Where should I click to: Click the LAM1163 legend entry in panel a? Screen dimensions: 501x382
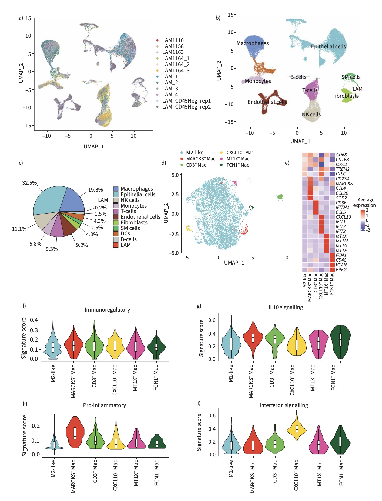(173, 52)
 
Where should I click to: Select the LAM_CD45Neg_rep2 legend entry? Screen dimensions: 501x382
(186, 107)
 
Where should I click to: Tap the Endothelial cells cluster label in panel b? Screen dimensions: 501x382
(267, 102)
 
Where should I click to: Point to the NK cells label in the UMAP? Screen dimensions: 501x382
(311, 114)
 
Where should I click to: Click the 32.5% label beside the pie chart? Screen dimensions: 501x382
(29, 183)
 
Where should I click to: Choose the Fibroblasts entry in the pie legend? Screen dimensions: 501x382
(134, 222)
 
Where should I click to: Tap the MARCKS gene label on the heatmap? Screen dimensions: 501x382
(344, 184)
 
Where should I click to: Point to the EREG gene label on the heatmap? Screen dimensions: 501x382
(341, 270)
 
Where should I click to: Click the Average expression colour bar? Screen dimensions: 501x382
(363, 220)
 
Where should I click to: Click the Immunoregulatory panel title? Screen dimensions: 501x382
(107, 310)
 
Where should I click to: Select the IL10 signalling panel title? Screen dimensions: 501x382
(286, 307)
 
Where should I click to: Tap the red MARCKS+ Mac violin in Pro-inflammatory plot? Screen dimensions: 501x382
(75, 432)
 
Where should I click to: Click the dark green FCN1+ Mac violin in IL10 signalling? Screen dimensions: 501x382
(340, 341)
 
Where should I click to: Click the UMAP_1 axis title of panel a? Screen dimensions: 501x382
(93, 147)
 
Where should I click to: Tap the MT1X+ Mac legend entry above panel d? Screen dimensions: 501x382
(238, 159)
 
